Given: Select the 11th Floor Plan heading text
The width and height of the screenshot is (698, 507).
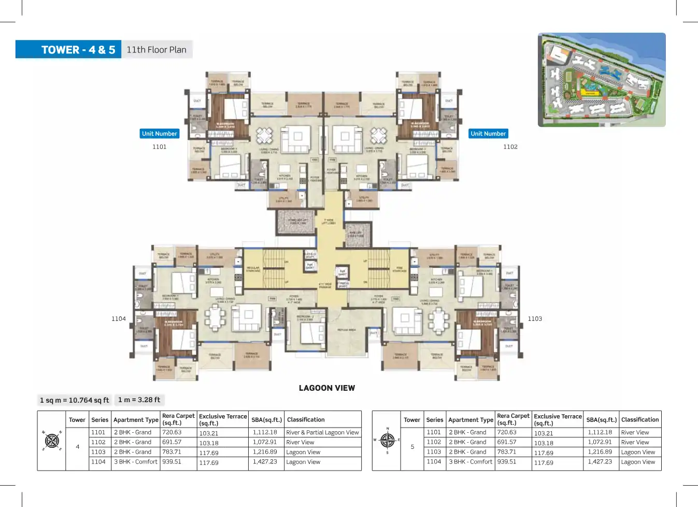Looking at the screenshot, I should (156, 50).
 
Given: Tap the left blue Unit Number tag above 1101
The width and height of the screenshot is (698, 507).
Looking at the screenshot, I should (160, 134).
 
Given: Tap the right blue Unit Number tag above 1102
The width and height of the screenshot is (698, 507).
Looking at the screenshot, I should (488, 134).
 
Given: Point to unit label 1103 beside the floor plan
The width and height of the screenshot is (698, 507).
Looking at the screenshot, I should (535, 319).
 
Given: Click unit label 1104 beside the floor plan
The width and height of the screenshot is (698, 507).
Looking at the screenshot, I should (119, 319).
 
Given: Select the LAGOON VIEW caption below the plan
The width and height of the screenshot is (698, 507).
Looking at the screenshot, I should (326, 388).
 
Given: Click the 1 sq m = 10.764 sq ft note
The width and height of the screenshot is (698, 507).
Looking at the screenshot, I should (75, 400).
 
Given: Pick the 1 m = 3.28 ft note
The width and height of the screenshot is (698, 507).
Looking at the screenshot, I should (139, 400).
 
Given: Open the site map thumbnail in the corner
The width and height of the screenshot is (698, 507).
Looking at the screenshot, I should (602, 80).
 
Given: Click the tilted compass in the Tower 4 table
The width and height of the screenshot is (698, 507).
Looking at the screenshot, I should (52, 441).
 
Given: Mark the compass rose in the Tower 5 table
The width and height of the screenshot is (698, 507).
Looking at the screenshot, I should (387, 440).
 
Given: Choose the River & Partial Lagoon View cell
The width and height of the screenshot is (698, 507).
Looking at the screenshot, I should (322, 433).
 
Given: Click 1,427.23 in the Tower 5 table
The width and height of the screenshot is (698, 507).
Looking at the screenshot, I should (600, 462).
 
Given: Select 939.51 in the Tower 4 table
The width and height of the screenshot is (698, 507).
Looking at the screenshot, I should (172, 462).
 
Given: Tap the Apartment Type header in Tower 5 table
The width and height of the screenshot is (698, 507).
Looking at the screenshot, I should (471, 420).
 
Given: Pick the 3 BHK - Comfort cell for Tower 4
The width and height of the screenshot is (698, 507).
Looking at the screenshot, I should (135, 462).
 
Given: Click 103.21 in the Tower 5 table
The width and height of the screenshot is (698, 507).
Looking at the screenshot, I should (544, 433).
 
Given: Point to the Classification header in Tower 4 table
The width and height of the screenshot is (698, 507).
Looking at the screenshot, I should (306, 420).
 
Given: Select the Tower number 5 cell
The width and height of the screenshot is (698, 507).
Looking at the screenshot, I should (412, 447).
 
